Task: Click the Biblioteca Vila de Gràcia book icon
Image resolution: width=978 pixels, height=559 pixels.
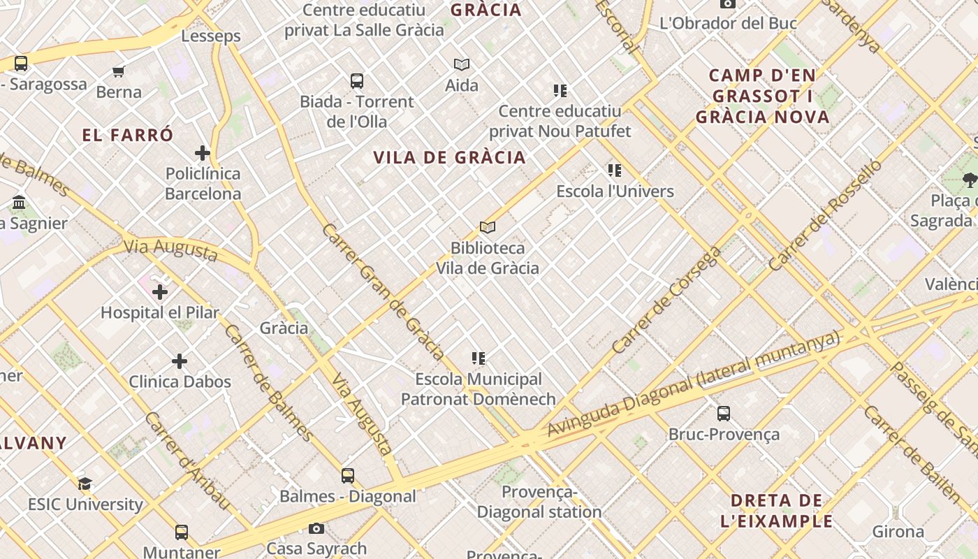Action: [x=488, y=227]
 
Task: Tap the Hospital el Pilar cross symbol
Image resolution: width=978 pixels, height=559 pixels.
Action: [x=160, y=291]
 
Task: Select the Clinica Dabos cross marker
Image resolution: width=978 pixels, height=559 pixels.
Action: [x=180, y=361]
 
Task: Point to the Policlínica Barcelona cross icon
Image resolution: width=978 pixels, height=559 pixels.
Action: [x=203, y=153]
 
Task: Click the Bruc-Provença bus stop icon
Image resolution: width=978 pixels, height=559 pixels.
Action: [x=724, y=413]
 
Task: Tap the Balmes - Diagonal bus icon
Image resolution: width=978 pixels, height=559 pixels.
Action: [x=348, y=476]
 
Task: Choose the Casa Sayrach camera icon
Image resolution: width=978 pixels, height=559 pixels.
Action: [x=316, y=528]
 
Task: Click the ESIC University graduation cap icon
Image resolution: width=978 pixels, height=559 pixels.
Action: [x=85, y=484]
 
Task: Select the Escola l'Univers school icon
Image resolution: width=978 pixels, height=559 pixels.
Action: [x=615, y=170]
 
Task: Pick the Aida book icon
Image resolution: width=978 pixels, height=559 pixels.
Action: [x=462, y=65]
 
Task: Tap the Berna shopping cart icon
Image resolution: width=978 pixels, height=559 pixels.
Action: [x=119, y=71]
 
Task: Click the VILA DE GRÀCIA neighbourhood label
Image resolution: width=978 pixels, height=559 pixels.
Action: [x=450, y=158]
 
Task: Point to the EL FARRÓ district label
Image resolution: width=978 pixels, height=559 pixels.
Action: [x=128, y=136]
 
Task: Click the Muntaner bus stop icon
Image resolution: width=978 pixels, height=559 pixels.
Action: [x=182, y=532]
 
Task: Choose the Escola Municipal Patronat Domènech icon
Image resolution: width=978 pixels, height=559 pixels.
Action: [x=479, y=358]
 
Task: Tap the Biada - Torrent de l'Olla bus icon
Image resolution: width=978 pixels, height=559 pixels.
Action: [x=357, y=81]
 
